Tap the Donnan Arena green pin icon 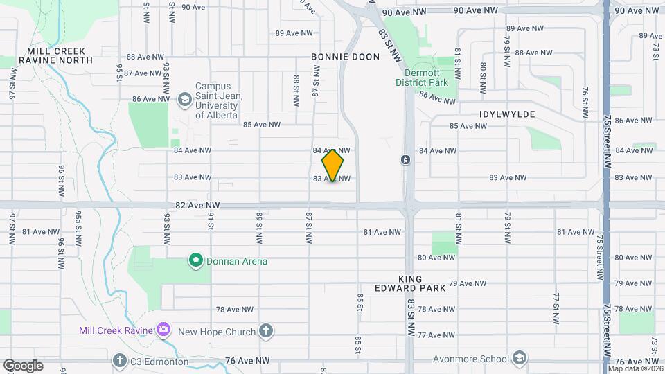(x=196, y=261)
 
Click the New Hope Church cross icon (x=266, y=331)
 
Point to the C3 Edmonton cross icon (x=120, y=361)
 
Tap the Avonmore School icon (x=520, y=358)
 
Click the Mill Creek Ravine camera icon (x=163, y=330)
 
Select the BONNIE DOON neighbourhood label (x=345, y=57)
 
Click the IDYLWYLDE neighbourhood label (x=506, y=114)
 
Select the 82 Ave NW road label (x=197, y=206)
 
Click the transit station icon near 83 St (x=405, y=161)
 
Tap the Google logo (x=23, y=365)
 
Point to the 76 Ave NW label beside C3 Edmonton (x=247, y=361)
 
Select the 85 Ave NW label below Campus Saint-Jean (x=261, y=125)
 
